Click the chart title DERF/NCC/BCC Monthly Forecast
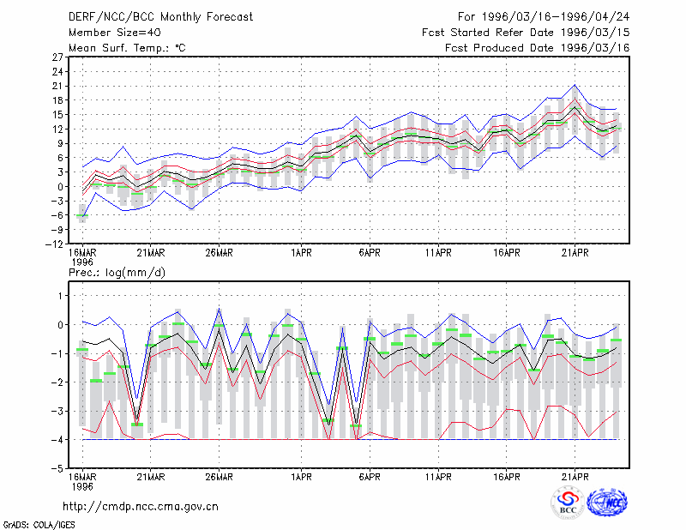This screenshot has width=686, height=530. [x=160, y=17]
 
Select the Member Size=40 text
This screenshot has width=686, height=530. [x=115, y=33]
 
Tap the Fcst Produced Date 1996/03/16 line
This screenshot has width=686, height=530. [x=537, y=48]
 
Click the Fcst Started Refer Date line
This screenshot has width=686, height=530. [x=526, y=33]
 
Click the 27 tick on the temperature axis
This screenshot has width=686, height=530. [x=58, y=57]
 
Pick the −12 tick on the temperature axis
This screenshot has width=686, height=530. [x=54, y=244]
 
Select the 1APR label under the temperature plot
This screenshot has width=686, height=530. [x=301, y=252]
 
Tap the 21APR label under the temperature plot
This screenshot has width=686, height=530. [x=575, y=252]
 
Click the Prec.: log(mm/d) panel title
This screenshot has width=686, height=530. [x=117, y=273]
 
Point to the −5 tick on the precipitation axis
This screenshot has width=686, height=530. [x=58, y=468]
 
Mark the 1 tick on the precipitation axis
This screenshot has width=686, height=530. [x=61, y=296]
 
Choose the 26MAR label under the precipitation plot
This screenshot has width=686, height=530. [x=220, y=477]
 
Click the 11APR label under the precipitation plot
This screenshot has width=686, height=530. [x=438, y=477]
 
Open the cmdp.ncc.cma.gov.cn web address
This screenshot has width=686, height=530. [x=141, y=507]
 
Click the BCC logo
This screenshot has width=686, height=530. [x=568, y=503]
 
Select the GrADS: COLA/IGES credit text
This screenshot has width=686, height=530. [x=39, y=525]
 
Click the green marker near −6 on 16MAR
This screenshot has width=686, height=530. [x=82, y=216]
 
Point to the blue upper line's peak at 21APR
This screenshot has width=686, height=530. [x=575, y=85]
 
